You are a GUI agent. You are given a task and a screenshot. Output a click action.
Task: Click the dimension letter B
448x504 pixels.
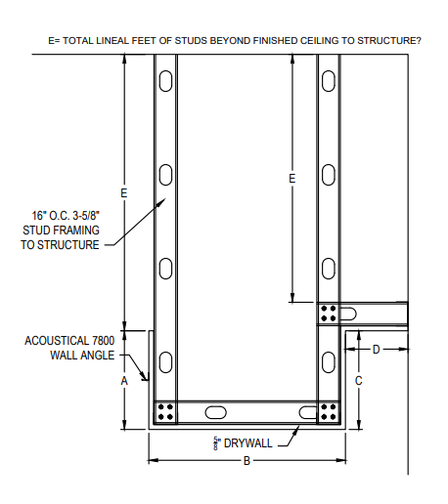[246, 460]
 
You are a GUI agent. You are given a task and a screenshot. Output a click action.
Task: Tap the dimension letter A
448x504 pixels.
[124, 380]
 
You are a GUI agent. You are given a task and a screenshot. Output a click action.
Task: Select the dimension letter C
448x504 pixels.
[359, 380]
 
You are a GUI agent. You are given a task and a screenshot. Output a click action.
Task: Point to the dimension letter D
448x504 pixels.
[377, 350]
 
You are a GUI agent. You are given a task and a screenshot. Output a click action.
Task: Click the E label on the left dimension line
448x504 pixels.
[124, 193]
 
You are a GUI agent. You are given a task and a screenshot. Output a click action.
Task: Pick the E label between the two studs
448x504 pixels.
[292, 178]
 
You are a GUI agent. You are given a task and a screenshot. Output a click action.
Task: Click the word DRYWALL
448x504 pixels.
[248, 443]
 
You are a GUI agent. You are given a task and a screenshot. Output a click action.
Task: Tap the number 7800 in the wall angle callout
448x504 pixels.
[104, 341]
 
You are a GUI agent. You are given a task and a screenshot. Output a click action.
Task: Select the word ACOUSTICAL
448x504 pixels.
[57, 341]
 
